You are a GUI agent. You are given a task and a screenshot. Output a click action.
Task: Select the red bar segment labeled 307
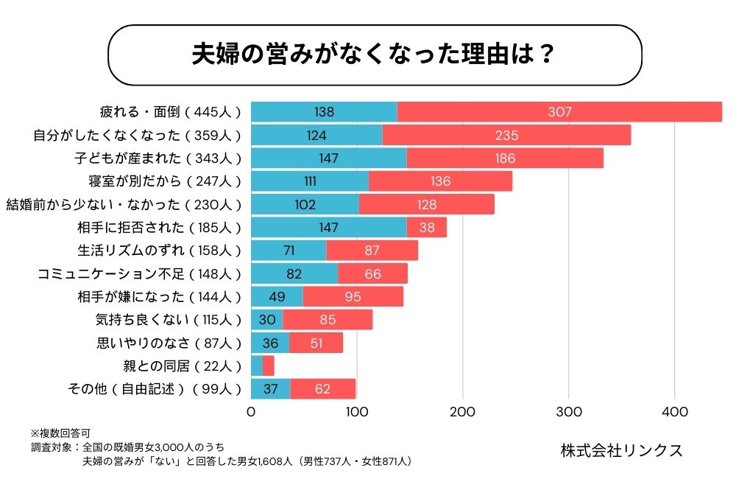point(559,112)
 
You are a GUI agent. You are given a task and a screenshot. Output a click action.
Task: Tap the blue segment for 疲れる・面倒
point(324,112)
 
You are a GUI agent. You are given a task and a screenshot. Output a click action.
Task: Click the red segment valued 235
point(506,135)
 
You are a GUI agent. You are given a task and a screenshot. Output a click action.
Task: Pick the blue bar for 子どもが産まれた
point(328,158)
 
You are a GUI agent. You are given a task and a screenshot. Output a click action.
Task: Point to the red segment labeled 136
point(440,181)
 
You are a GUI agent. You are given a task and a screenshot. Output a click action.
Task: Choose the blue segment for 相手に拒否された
point(328,227)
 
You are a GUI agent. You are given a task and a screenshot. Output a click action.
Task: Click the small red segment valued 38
point(426,227)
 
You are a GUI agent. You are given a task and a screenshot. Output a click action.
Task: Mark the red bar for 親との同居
point(269,366)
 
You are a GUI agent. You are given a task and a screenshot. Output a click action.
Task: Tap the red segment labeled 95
point(353,296)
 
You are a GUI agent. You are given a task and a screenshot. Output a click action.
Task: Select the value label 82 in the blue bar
point(294,273)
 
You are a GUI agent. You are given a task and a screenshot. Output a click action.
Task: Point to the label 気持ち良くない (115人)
point(169,320)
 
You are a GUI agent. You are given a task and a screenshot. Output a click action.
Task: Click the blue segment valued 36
point(270,343)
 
